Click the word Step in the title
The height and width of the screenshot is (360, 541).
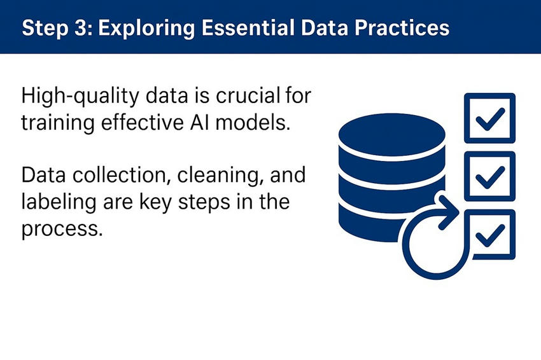[x=45, y=28]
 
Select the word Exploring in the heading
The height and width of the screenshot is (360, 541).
[x=146, y=28]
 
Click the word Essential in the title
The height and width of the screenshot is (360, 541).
[x=248, y=27]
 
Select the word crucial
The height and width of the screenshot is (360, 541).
[x=248, y=96]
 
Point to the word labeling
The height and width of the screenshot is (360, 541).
[x=59, y=203]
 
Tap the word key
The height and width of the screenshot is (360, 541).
[x=155, y=203]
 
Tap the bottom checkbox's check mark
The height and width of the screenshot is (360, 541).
[x=490, y=235]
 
